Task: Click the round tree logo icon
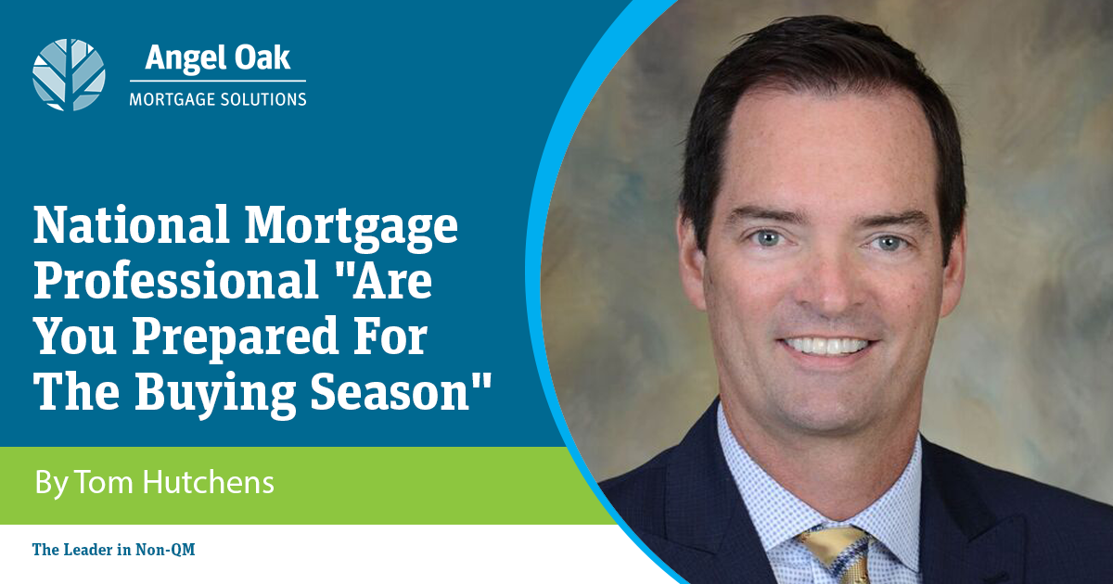tap(69, 74)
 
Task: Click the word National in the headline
tap(132, 225)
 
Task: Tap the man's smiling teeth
tap(826, 346)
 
